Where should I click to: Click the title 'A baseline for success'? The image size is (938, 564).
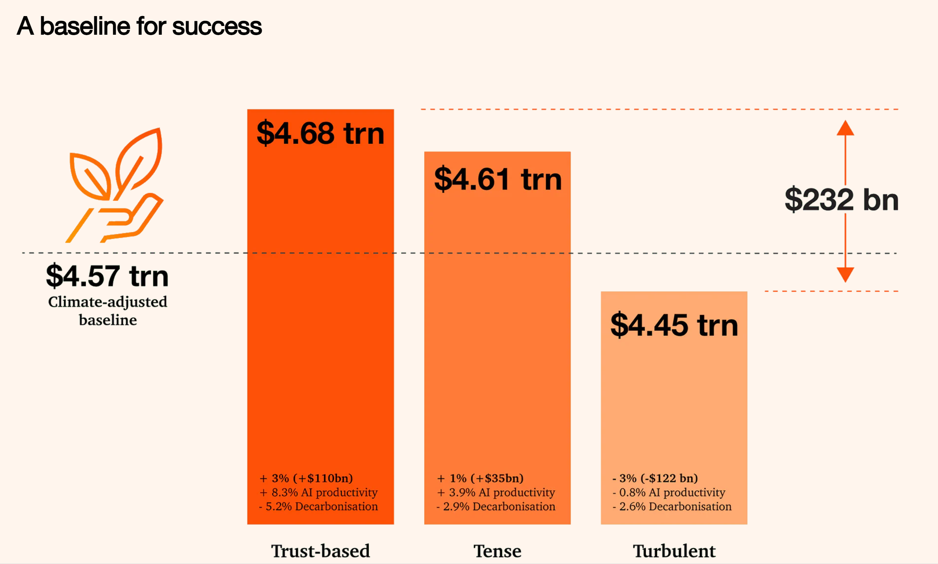tap(139, 26)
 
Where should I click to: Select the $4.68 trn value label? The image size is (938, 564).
tap(320, 133)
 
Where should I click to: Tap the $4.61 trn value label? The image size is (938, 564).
tap(498, 179)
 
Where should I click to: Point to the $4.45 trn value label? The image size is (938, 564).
tap(674, 325)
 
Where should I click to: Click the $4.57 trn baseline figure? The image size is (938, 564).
tap(107, 276)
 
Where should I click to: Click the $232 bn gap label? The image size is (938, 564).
tap(842, 200)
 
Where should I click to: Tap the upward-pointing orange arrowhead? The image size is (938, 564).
tap(845, 128)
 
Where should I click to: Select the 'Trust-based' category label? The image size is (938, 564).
tap(320, 551)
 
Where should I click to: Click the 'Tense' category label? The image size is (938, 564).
tap(497, 551)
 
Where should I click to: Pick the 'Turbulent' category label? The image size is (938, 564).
tap(674, 551)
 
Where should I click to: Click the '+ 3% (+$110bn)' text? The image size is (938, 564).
tap(306, 478)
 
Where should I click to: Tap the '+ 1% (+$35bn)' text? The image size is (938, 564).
tap(480, 478)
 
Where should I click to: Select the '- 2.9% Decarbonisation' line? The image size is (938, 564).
tap(496, 506)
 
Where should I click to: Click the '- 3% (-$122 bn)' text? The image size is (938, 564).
tap(655, 478)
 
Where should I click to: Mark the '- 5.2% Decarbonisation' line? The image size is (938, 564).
tap(318, 506)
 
